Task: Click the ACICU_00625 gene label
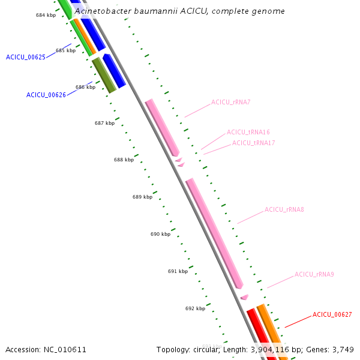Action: (26, 58)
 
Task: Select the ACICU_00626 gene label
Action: (46, 95)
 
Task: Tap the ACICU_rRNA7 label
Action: (230, 102)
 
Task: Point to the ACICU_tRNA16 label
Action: (248, 132)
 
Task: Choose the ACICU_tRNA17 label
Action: (254, 143)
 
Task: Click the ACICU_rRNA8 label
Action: (284, 210)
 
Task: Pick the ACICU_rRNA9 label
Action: (314, 275)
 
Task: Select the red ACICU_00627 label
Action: (332, 314)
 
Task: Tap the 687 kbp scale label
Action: (104, 123)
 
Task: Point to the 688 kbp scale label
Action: (124, 160)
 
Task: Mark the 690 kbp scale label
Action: (160, 234)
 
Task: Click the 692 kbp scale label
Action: (195, 308)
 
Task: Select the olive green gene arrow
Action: (104, 75)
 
